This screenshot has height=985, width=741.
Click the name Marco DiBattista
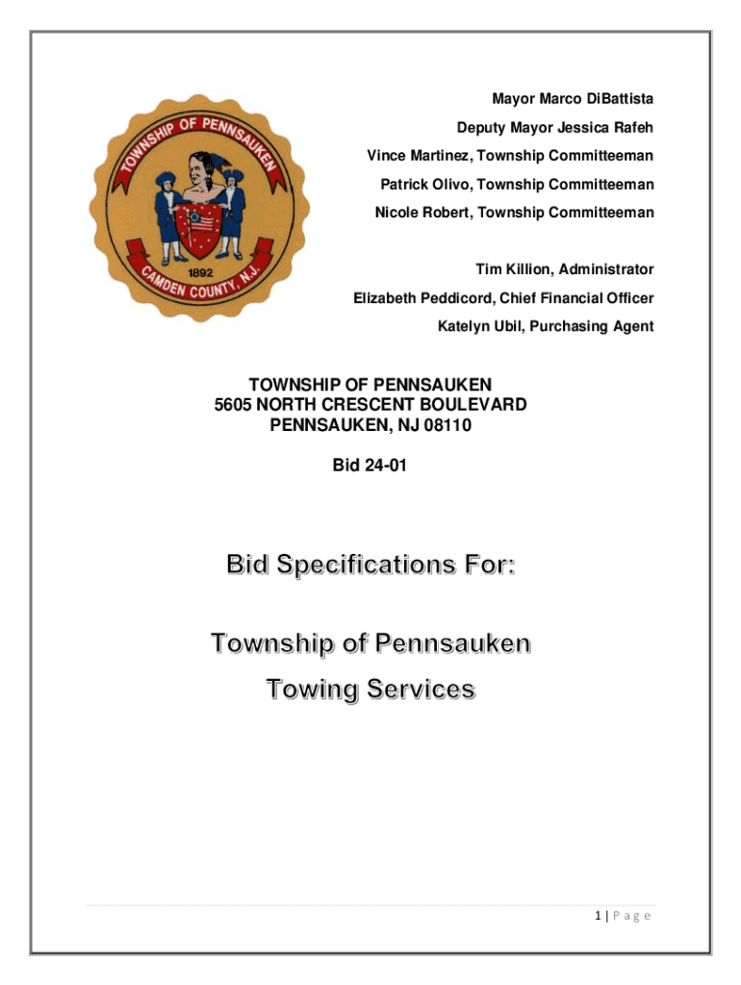click(x=596, y=99)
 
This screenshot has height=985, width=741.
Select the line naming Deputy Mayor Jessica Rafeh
click(x=555, y=127)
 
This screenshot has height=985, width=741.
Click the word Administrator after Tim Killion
click(x=606, y=269)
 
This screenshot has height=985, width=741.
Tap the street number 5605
click(x=233, y=405)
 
